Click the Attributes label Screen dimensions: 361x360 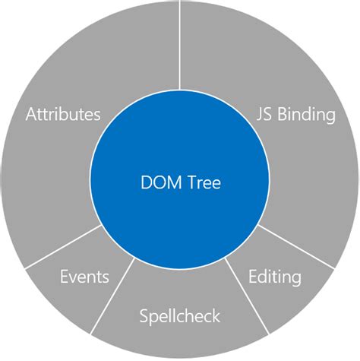[x=63, y=116]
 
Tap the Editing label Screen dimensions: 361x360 [x=275, y=277]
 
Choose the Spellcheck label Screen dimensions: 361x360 [x=179, y=314]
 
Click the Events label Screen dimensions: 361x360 [x=84, y=277]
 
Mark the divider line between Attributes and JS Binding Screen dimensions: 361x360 [x=179, y=46]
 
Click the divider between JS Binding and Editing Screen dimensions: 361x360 [x=296, y=245]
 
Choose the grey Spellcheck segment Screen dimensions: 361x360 [x=179, y=334]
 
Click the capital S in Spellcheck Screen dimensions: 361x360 [x=144, y=314]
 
